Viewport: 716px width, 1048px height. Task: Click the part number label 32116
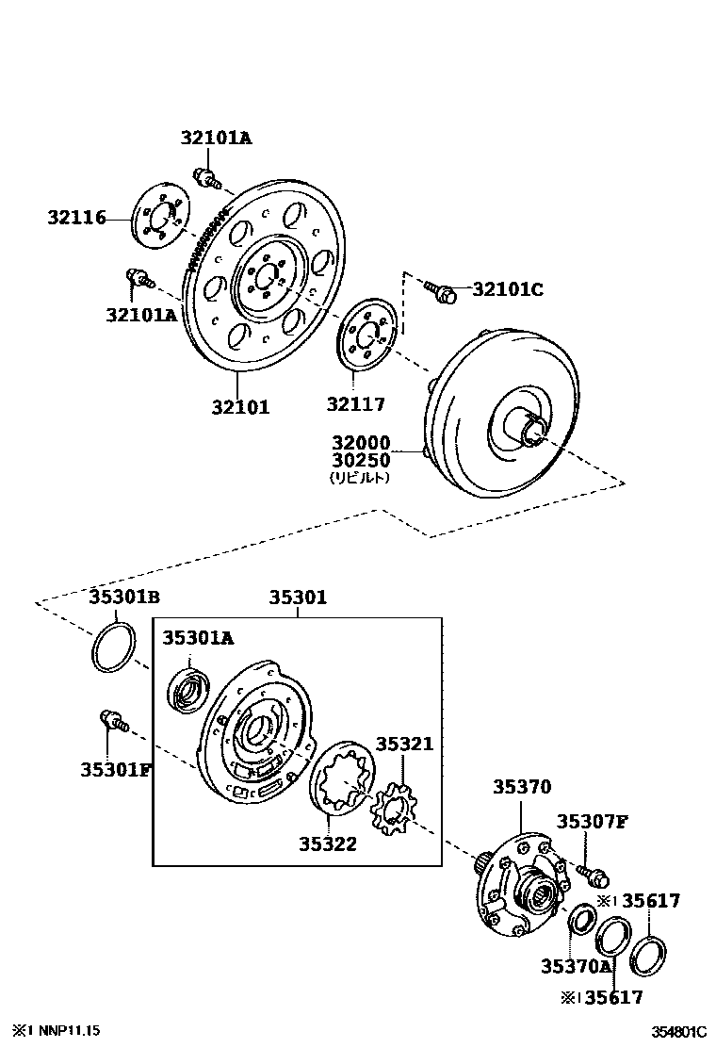[76, 219]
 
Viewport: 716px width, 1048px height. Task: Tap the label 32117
[356, 405]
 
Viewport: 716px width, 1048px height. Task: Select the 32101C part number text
[507, 289]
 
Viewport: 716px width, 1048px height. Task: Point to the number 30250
[360, 461]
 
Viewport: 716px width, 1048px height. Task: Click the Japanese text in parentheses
[360, 478]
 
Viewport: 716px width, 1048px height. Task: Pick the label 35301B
[124, 597]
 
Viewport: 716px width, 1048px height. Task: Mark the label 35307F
[591, 822]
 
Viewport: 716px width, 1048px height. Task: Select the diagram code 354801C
[677, 1031]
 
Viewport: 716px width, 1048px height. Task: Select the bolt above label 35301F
[112, 722]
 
